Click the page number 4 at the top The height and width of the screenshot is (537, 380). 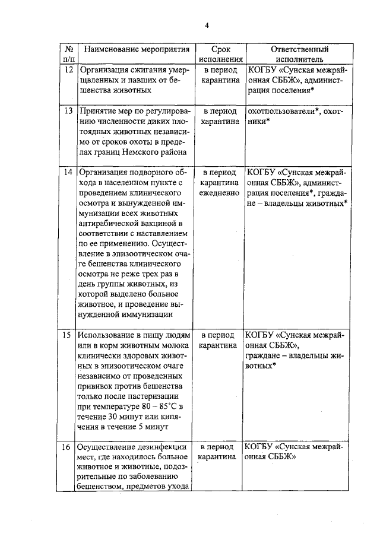click(207, 25)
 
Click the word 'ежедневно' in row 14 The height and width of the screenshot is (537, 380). click(220, 193)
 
